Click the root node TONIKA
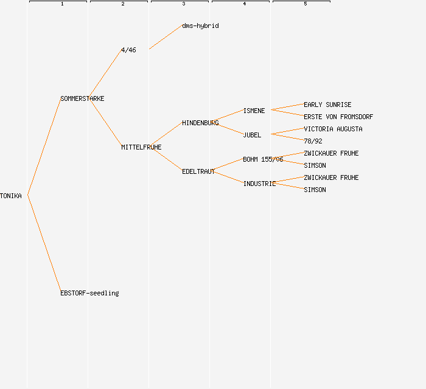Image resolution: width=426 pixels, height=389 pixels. [11, 196]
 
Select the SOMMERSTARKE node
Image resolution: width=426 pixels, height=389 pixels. [82, 98]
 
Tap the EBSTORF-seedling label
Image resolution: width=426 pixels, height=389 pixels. [89, 293]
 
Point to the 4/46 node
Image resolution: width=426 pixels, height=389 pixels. [128, 50]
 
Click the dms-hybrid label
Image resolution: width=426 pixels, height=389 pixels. [200, 26]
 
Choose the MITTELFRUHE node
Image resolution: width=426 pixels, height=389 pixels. [141, 147]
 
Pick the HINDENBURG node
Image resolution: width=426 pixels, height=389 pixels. [200, 123]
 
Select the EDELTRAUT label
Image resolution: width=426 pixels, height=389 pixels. [198, 171]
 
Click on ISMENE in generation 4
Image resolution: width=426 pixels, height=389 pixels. [254, 111]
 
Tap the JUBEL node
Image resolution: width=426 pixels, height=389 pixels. [252, 135]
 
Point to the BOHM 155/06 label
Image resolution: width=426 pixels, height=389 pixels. [263, 159]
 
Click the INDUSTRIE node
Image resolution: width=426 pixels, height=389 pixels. [259, 184]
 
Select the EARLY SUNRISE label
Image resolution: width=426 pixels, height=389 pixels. [327, 105]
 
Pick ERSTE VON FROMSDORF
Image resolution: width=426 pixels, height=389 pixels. [338, 117]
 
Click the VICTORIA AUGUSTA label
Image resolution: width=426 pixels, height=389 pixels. [333, 129]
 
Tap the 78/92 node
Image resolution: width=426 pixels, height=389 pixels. [313, 141]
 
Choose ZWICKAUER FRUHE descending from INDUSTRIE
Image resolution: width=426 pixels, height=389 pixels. [331, 177]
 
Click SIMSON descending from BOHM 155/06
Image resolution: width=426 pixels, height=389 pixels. [315, 165]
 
